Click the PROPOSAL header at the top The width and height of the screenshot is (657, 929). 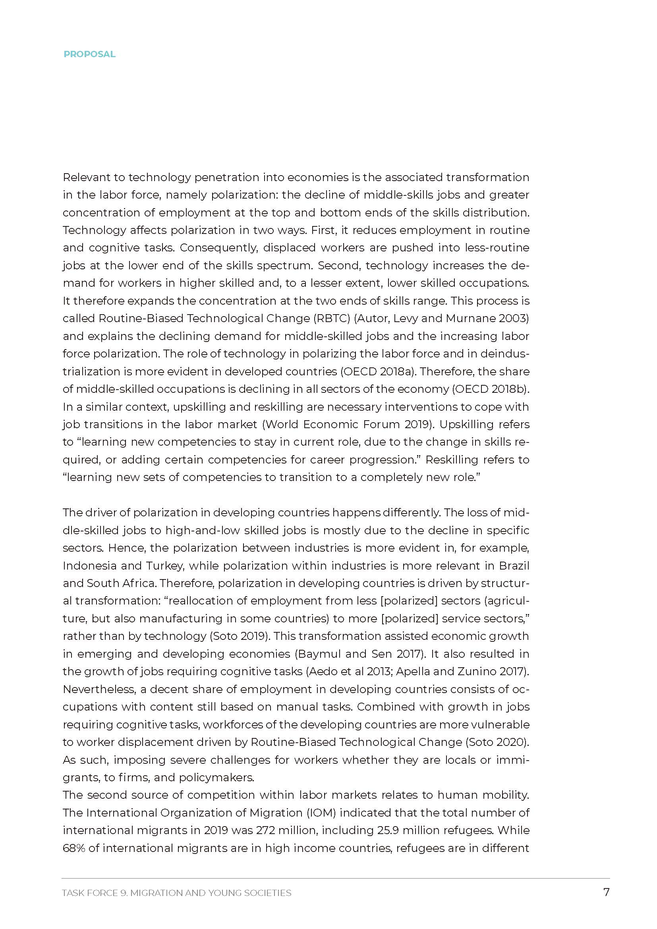point(89,54)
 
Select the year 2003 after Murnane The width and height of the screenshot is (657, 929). point(514,319)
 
